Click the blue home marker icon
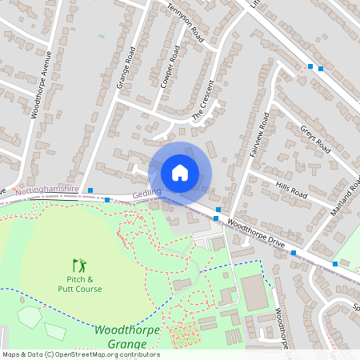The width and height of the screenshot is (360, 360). [179, 172]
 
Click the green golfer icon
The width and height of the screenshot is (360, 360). [79, 264]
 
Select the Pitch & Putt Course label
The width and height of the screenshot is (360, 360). [79, 283]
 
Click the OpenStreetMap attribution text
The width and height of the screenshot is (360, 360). [80, 354]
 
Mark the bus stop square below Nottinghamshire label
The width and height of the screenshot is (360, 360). [107, 200]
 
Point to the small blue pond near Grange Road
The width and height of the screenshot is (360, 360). [101, 36]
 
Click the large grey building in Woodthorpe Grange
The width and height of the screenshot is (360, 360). [253, 292]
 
